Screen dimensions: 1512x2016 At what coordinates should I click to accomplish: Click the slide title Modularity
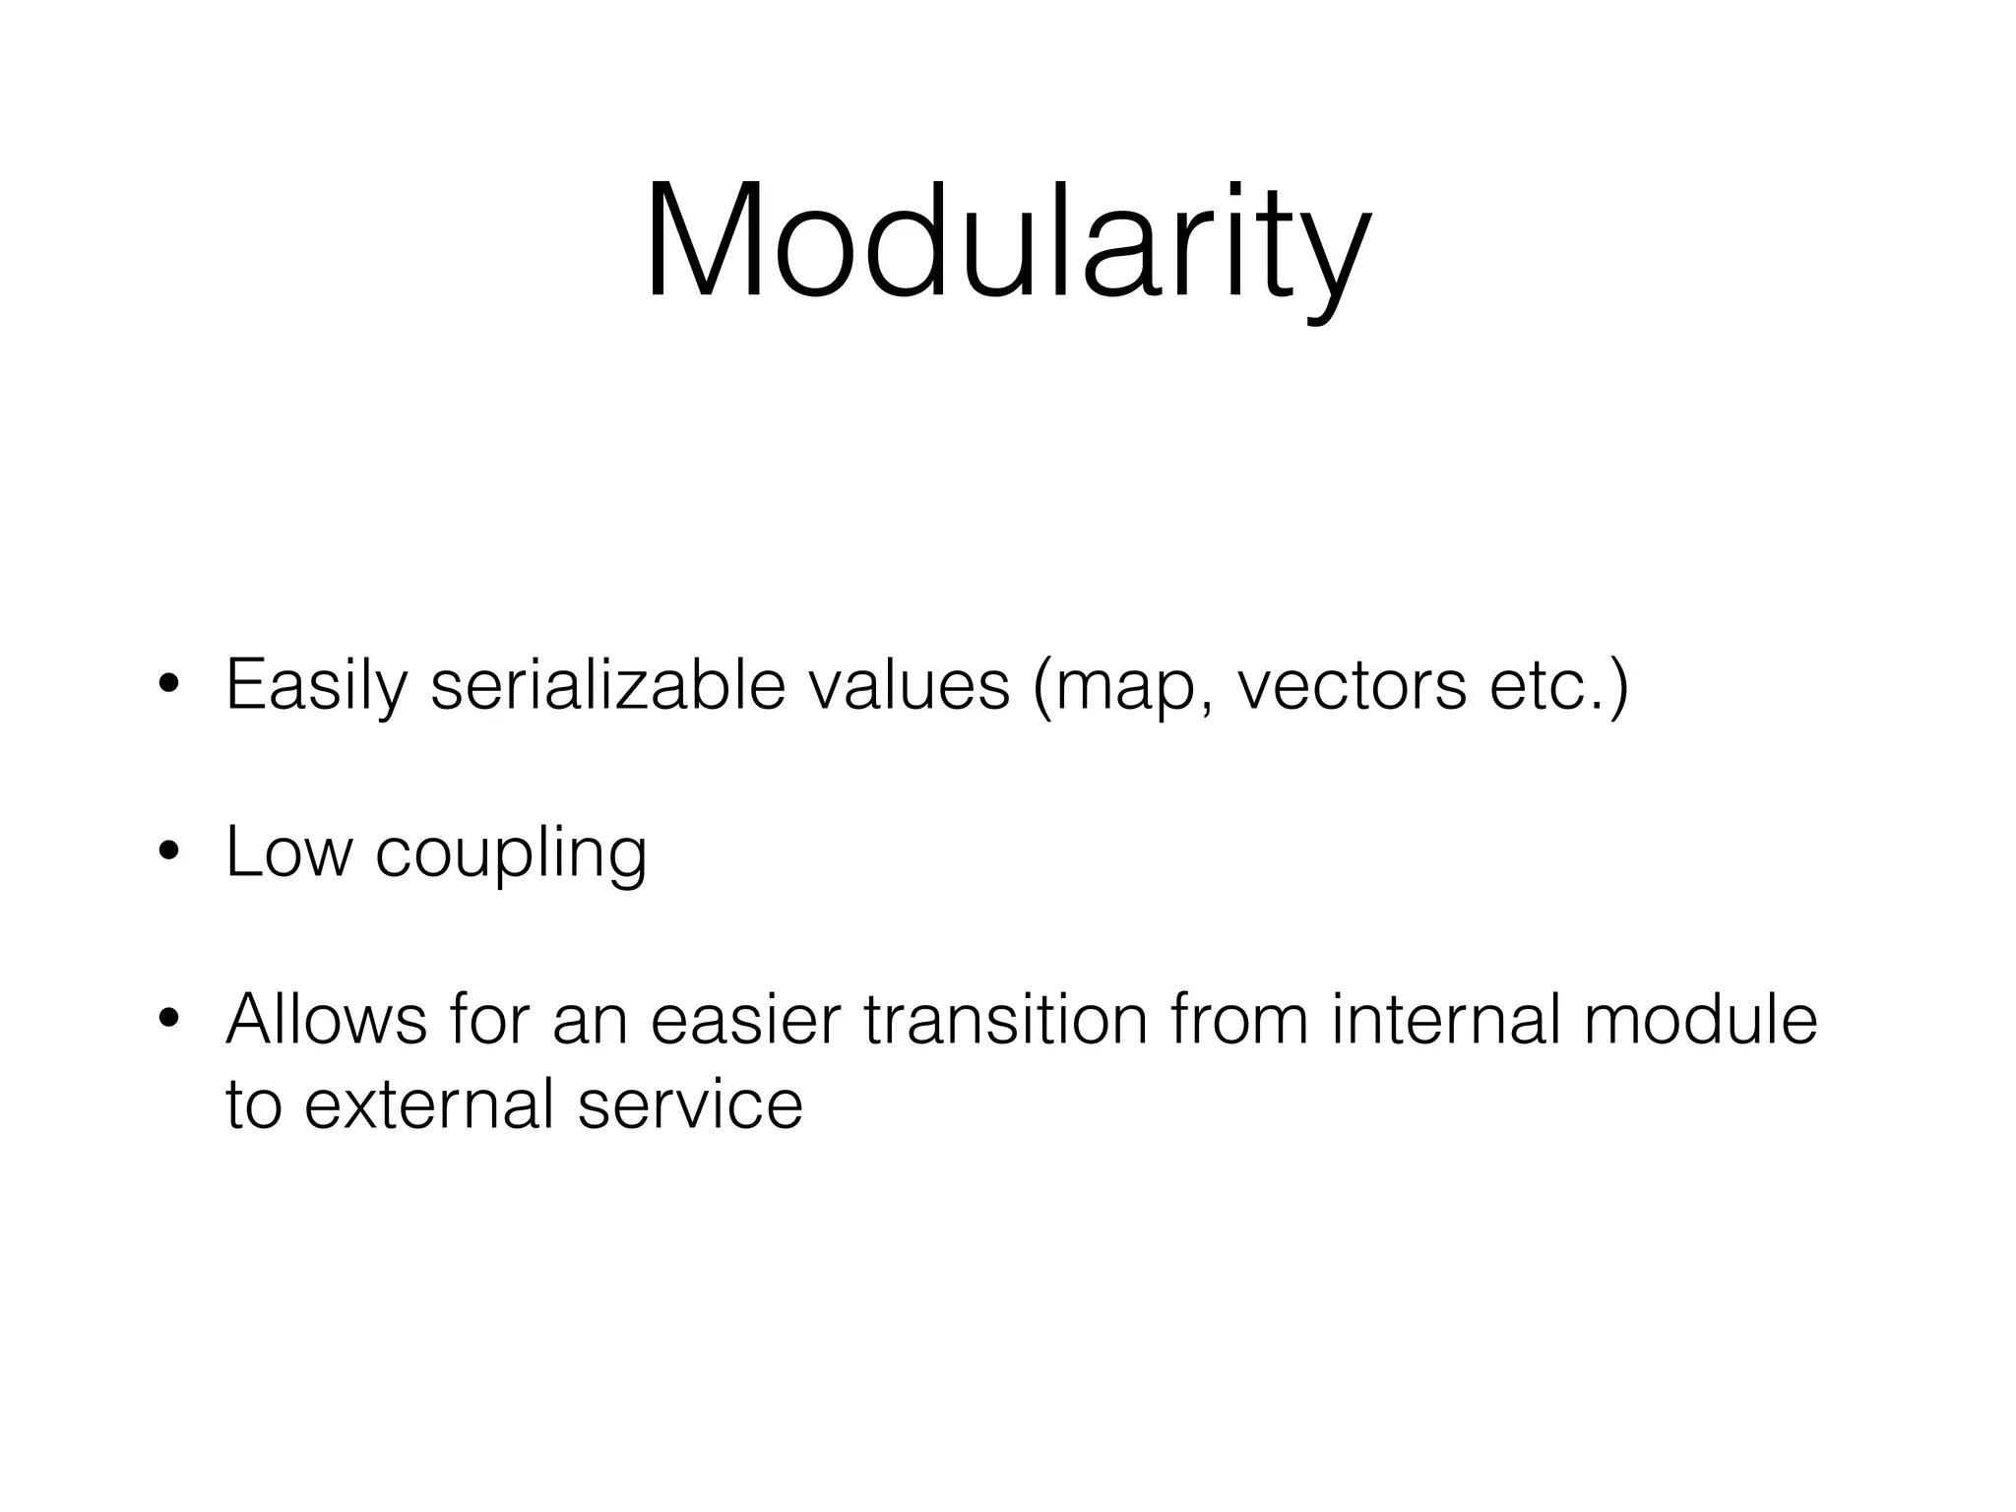coord(1007,242)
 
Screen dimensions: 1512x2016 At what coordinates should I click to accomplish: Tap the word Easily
coord(315,685)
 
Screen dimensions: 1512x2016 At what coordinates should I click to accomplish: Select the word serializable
coord(607,685)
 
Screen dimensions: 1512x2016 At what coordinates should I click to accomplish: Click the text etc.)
coord(1559,687)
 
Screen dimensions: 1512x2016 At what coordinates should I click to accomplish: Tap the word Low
coord(288,851)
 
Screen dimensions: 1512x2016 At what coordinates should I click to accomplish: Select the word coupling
coord(511,853)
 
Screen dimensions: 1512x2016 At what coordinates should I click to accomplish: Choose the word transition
coord(1006,1019)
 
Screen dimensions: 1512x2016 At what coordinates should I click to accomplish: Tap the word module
coord(1700,1019)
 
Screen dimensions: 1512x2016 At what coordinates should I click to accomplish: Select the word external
coord(428,1104)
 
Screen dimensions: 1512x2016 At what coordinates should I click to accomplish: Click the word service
coord(690,1104)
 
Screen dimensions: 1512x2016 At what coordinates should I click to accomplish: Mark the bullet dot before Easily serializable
coord(168,685)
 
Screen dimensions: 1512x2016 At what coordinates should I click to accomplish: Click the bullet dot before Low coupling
coord(168,851)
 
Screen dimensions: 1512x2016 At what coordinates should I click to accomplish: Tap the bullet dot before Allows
coord(168,1019)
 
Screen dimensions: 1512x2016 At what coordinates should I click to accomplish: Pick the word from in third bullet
coord(1239,1019)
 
